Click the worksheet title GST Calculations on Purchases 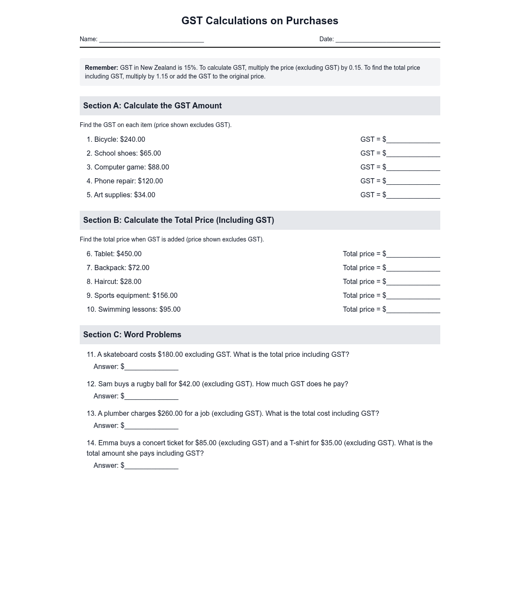point(260,21)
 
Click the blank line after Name point(151,39)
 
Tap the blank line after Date point(387,39)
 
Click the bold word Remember point(101,68)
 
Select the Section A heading point(153,106)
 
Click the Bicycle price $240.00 point(133,140)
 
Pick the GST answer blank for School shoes point(413,154)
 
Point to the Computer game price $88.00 point(158,167)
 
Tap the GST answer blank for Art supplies point(413,196)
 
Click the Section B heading point(179,220)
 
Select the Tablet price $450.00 point(129,254)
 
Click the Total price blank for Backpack point(413,268)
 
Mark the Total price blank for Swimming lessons point(413,310)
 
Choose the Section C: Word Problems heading point(132,335)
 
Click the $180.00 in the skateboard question point(170,355)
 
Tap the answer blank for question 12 point(151,397)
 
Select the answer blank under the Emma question point(151,466)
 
